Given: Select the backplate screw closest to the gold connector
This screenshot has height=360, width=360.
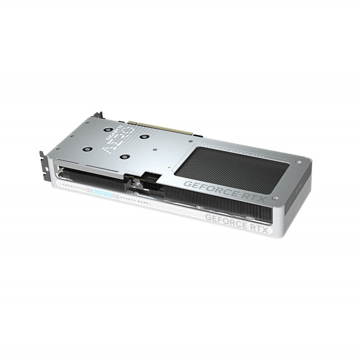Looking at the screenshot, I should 145,137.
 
